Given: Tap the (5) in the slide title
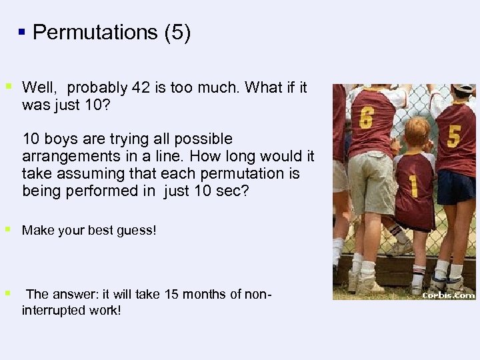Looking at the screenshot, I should point(177,33).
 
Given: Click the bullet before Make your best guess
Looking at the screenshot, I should point(8,230).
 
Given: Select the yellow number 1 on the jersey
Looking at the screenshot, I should point(413,185).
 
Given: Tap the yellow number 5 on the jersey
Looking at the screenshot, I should point(453,135).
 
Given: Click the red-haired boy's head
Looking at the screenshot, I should point(417,133).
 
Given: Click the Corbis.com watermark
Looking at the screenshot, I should point(448,293).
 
